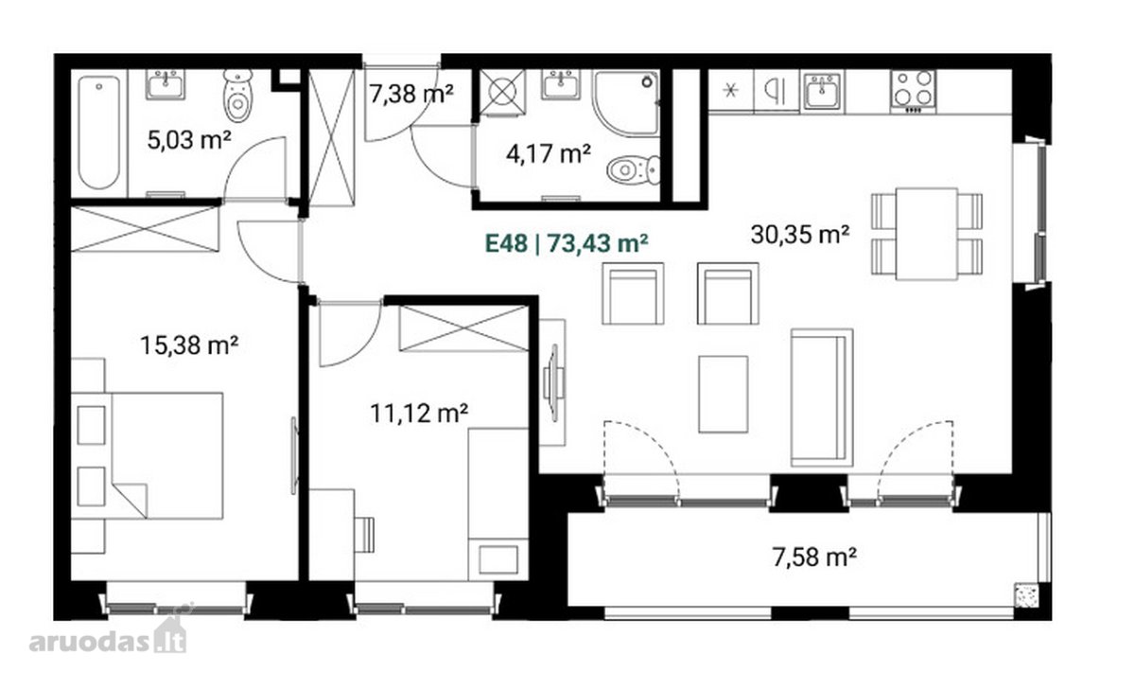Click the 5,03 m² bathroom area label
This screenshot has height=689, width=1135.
pyautogui.click(x=189, y=140)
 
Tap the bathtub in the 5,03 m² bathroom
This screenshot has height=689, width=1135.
pyautogui.click(x=99, y=132)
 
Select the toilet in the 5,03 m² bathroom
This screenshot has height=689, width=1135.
pyautogui.click(x=238, y=96)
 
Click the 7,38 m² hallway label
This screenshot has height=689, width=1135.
pyautogui.click(x=410, y=94)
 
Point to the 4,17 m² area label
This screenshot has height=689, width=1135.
pyautogui.click(x=549, y=153)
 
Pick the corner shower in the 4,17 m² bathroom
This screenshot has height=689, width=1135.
pyautogui.click(x=626, y=103)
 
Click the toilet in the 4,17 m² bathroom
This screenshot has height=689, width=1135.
pyautogui.click(x=634, y=170)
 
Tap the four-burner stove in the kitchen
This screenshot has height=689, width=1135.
pyautogui.click(x=914, y=91)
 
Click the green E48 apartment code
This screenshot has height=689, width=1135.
pyautogui.click(x=506, y=243)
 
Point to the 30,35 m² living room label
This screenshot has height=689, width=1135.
pyautogui.click(x=800, y=234)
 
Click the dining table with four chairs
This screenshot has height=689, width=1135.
pyautogui.click(x=927, y=234)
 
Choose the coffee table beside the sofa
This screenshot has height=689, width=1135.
pyautogui.click(x=723, y=395)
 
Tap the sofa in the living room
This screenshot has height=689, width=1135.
pyautogui.click(x=822, y=397)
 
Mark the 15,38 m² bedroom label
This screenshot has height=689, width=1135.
pyautogui.click(x=189, y=345)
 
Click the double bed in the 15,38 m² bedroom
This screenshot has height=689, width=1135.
pyautogui.click(x=147, y=455)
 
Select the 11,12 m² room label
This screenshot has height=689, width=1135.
pyautogui.click(x=419, y=414)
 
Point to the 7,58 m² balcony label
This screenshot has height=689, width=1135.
pyautogui.click(x=814, y=556)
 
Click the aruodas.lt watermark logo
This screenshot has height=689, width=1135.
pyautogui.click(x=108, y=638)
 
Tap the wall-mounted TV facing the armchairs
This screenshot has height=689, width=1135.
pyautogui.click(x=552, y=382)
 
